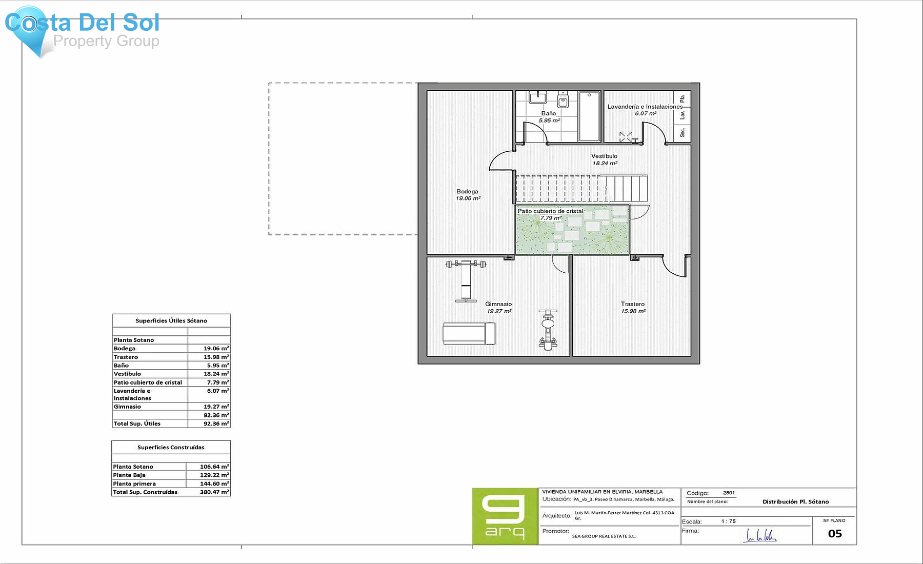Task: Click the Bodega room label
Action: pyautogui.click(x=467, y=191)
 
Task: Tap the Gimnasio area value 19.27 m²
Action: pyautogui.click(x=499, y=311)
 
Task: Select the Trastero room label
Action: pyautogui.click(x=632, y=304)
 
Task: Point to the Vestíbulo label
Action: pyautogui.click(x=604, y=156)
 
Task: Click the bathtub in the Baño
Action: pyautogui.click(x=589, y=116)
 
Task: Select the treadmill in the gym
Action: pyautogui.click(x=469, y=333)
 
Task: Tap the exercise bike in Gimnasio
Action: pyautogui.click(x=548, y=330)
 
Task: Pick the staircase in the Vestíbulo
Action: pyautogui.click(x=580, y=188)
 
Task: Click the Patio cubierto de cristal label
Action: pyautogui.click(x=550, y=211)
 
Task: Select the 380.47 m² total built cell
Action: pyautogui.click(x=214, y=492)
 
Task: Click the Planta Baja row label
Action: pyautogui.click(x=129, y=475)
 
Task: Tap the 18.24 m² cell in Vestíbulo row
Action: pyautogui.click(x=216, y=374)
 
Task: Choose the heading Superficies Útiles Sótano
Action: pyautogui.click(x=171, y=320)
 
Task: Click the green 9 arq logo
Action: pyautogui.click(x=505, y=516)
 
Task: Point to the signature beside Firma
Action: pyautogui.click(x=760, y=536)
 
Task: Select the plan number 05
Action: pyautogui.click(x=834, y=534)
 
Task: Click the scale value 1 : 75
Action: pyautogui.click(x=728, y=521)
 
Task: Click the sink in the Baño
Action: pyautogui.click(x=537, y=97)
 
